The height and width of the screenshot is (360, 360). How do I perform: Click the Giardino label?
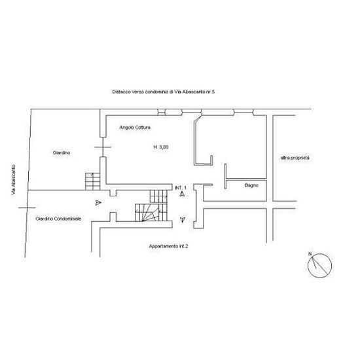62,153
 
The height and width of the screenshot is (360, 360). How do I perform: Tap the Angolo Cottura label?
135,128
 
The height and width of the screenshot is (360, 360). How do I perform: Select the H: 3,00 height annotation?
161,147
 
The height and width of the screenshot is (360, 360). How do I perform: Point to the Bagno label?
251,185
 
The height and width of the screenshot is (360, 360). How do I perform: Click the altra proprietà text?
295,158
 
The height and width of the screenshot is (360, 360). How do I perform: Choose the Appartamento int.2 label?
168,246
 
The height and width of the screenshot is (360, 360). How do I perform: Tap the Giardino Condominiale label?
58,219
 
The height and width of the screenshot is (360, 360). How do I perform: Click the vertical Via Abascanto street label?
14,180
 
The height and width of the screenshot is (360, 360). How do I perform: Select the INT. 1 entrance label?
181,188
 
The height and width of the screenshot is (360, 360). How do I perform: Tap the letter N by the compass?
310,254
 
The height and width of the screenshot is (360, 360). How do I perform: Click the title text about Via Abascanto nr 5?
164,92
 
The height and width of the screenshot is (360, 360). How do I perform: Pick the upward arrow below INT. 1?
183,194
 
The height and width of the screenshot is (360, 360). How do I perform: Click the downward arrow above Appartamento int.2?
183,220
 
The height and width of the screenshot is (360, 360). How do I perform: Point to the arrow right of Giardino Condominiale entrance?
98,202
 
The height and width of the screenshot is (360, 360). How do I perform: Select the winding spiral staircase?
150,213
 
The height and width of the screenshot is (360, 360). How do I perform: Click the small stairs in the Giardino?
93,181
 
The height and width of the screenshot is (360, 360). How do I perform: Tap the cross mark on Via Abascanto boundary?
27,207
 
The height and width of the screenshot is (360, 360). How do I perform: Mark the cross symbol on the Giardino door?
103,147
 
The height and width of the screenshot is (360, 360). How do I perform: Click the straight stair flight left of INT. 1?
158,196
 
